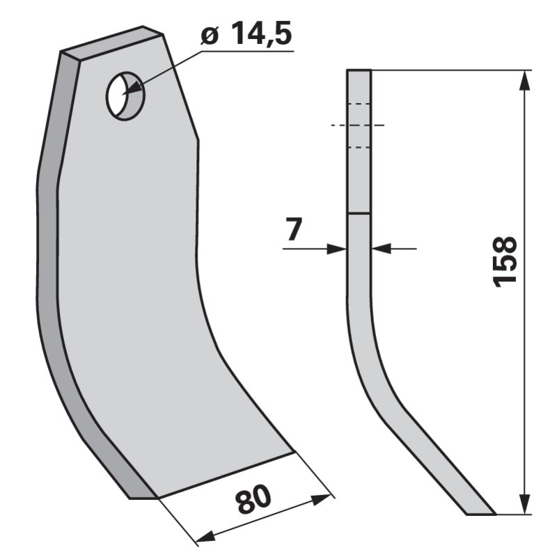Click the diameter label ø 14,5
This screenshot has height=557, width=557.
[x=246, y=36]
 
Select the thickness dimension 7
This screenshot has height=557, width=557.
[x=294, y=230]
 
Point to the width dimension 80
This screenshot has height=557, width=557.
[x=253, y=501]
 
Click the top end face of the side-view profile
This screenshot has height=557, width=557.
[x=359, y=70]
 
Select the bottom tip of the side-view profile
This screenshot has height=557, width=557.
[x=480, y=515]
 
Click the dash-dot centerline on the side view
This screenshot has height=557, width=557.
[x=359, y=125]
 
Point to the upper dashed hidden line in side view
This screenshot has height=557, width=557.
[x=359, y=104]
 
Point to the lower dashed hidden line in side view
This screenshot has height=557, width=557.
[x=359, y=147]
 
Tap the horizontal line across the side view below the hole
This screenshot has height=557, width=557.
[x=359, y=214]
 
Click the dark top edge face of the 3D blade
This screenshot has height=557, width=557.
[x=111, y=42]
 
